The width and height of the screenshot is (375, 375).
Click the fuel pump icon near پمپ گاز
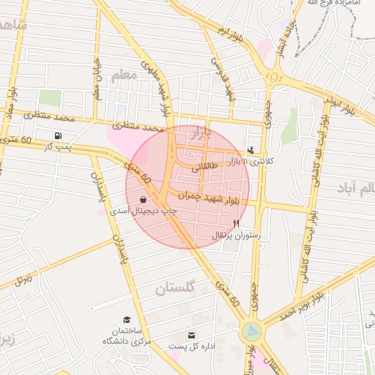(x=58, y=136)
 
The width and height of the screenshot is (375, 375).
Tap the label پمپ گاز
(x=58, y=148)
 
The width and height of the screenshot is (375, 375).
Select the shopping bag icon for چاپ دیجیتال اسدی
(x=141, y=199)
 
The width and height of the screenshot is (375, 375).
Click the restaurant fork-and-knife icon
(x=236, y=223)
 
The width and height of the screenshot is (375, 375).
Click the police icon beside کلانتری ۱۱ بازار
(x=252, y=149)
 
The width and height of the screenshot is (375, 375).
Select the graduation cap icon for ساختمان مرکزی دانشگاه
(x=127, y=320)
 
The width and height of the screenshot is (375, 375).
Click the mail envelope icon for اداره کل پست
(x=192, y=335)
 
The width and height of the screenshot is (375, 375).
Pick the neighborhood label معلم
(x=125, y=75)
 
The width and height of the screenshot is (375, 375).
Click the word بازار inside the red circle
(x=204, y=133)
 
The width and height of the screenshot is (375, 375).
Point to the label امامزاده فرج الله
(x=324, y=4)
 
